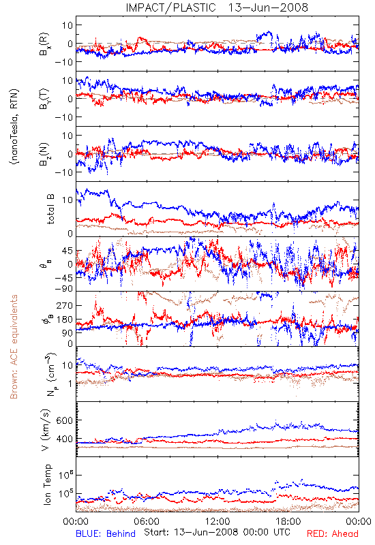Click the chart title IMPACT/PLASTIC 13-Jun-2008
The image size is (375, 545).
click(x=217, y=7)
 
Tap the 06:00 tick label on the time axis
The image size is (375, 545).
click(x=147, y=521)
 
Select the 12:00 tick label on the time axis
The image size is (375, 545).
click(x=217, y=521)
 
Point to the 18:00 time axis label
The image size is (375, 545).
click(x=288, y=521)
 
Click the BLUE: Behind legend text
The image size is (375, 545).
click(x=106, y=533)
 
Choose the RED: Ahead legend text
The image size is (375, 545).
click(x=333, y=533)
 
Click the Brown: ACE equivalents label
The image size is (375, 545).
click(x=14, y=347)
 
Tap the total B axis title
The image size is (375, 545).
click(x=50, y=209)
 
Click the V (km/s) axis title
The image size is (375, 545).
click(x=46, y=430)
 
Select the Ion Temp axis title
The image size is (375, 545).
click(x=47, y=484)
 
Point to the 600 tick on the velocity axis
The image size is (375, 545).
click(x=64, y=420)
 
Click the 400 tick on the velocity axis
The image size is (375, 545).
click(x=64, y=439)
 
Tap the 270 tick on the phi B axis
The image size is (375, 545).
click(x=65, y=305)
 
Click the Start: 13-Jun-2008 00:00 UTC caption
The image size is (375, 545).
click(x=217, y=532)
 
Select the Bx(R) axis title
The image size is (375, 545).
click(x=45, y=44)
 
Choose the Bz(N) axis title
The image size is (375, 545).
click(x=45, y=154)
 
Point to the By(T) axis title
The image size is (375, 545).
click(x=45, y=99)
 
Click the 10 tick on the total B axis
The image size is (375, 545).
click(x=67, y=200)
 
